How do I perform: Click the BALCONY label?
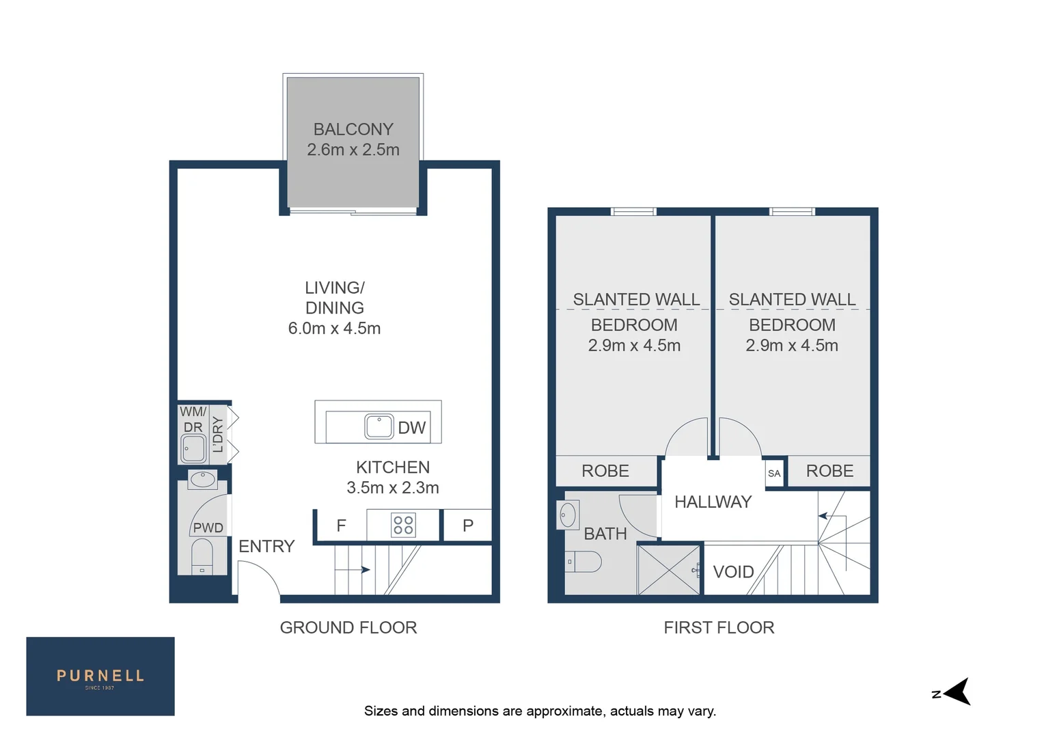(x=353, y=129)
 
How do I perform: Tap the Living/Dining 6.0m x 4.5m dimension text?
(x=334, y=328)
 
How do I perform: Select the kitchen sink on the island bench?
(x=379, y=426)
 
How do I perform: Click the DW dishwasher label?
(x=411, y=428)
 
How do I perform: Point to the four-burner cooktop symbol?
(x=403, y=525)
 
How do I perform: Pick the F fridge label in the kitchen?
(x=341, y=525)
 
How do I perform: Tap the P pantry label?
(x=468, y=525)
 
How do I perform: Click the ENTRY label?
(x=266, y=546)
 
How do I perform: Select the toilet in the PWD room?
(x=202, y=556)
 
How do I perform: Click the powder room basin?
(x=202, y=479)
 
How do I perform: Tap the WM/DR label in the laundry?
(x=193, y=419)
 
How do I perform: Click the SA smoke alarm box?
(x=774, y=473)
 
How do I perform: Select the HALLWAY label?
(x=713, y=502)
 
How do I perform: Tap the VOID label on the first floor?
(x=733, y=571)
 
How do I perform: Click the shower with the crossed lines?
(x=669, y=569)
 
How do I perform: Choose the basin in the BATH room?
(x=568, y=515)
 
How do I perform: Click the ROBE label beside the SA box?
(x=829, y=471)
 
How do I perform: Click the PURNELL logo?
(x=100, y=676)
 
